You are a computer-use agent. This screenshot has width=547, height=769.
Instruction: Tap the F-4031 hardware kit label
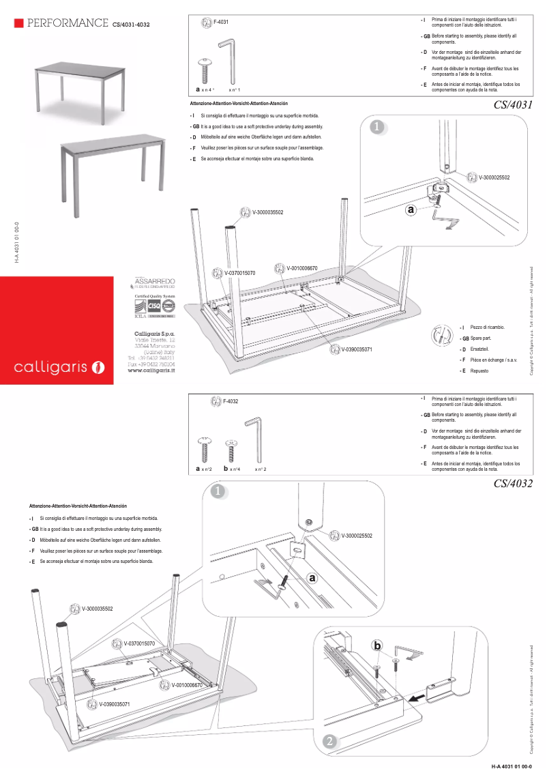(221, 23)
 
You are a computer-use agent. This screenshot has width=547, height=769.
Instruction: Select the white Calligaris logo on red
(59, 368)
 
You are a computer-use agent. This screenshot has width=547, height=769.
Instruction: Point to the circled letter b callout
(377, 645)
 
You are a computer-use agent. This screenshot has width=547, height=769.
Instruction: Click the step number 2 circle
(329, 741)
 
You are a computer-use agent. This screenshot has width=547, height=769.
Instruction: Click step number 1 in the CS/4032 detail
(218, 492)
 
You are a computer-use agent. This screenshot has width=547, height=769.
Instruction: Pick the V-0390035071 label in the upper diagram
(357, 349)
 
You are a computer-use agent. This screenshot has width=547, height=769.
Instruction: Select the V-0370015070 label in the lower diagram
(138, 643)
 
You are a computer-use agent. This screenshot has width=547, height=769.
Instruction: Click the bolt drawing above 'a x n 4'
(205, 70)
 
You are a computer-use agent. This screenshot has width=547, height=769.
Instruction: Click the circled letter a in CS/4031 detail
(411, 210)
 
